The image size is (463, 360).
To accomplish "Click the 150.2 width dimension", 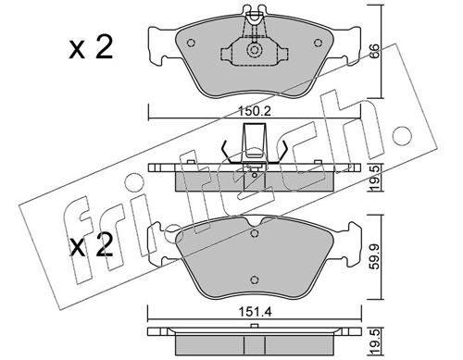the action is (255, 111).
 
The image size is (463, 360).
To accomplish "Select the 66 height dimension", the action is (374, 53).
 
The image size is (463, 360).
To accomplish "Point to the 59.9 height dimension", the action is (374, 255).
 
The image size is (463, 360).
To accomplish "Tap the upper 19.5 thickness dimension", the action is (375, 178).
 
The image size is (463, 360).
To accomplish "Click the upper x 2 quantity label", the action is (91, 48).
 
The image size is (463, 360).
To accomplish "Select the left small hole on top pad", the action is (191, 43).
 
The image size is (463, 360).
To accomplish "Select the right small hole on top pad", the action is (318, 43).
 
